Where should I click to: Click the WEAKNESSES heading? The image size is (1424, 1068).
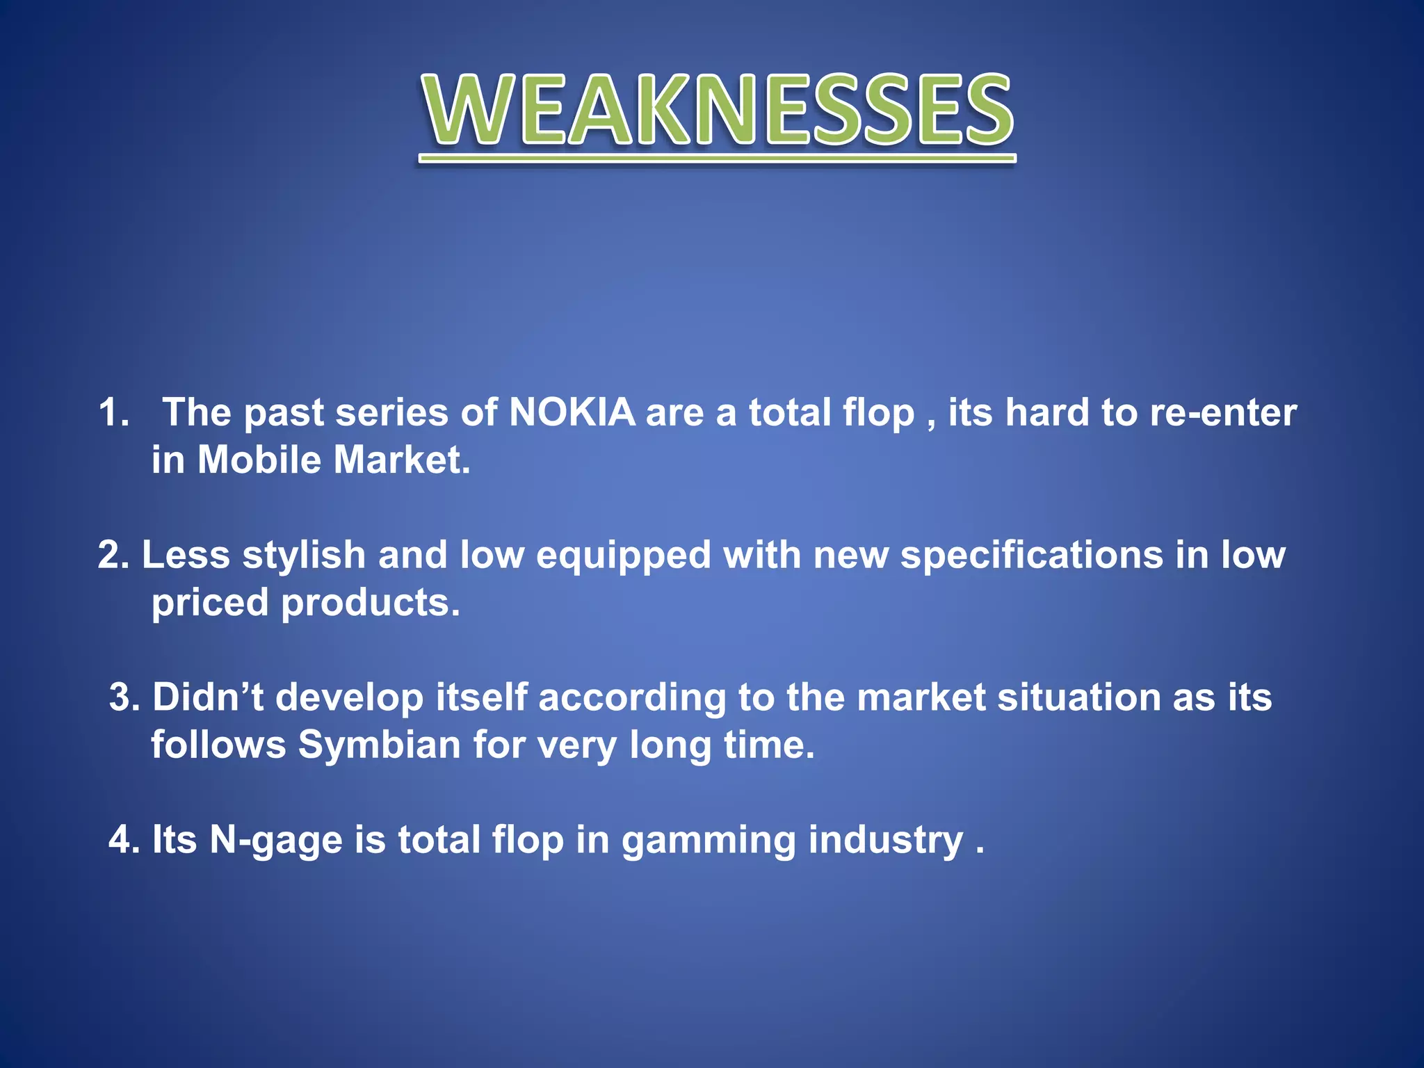(x=717, y=111)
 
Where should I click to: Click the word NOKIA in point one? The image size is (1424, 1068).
(x=572, y=412)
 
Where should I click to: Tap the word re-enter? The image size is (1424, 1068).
(x=1223, y=412)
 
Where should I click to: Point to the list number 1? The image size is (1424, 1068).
(x=113, y=412)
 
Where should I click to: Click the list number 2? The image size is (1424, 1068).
(x=113, y=555)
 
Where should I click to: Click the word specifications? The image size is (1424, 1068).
(x=1032, y=555)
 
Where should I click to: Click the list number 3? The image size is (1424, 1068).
(x=124, y=697)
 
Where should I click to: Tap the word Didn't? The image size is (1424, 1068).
(x=207, y=697)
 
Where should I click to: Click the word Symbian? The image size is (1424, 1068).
(x=380, y=745)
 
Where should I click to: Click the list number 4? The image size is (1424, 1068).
(x=124, y=840)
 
